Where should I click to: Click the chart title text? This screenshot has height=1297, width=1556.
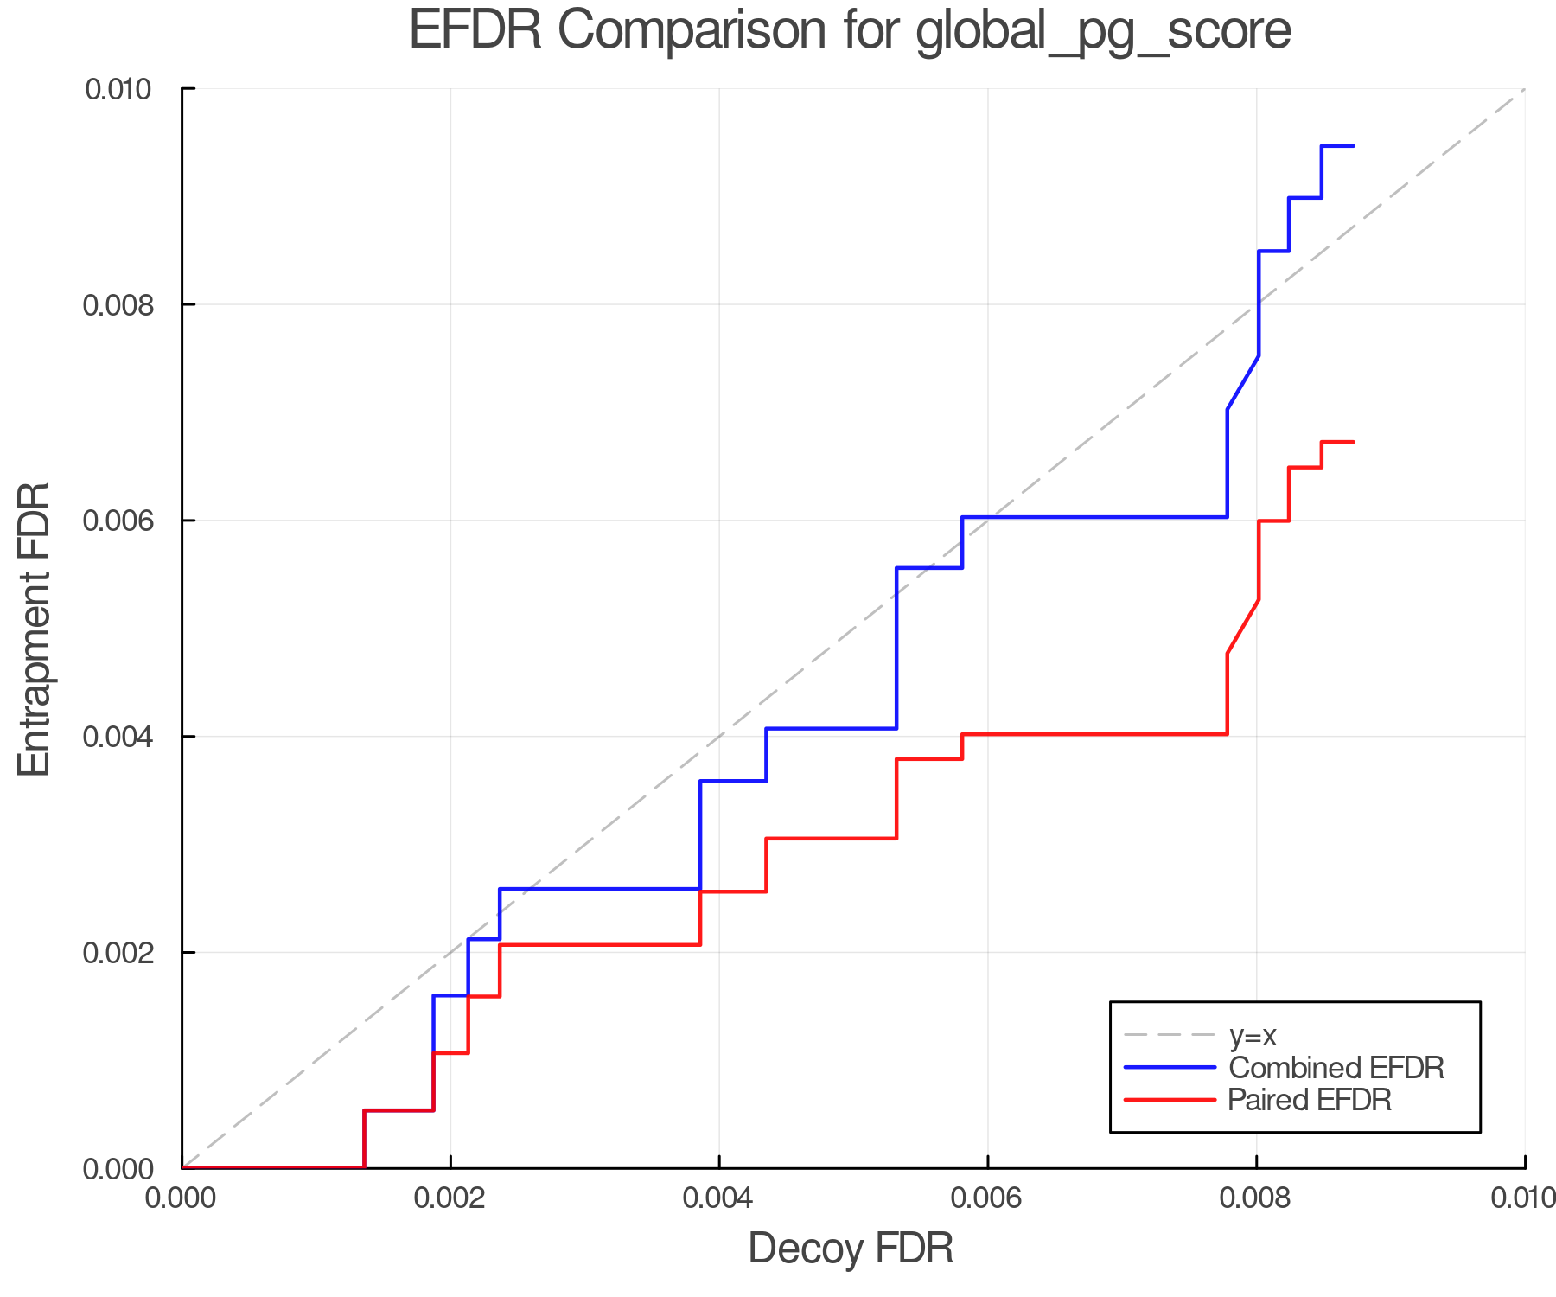point(850,31)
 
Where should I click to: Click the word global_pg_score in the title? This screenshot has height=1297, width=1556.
point(1103,31)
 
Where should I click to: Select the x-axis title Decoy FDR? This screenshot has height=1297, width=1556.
point(851,1248)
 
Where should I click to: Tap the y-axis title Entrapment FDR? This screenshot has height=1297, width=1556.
point(35,629)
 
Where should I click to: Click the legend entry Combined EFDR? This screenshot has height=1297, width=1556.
point(1336,1068)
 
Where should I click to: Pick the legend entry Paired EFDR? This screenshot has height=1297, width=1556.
point(1309,1100)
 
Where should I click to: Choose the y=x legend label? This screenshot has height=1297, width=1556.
point(1253,1035)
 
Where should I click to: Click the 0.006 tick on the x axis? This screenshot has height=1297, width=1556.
point(987,1198)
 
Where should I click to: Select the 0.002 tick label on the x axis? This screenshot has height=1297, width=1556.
point(450,1198)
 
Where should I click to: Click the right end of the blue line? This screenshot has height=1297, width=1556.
point(1353,146)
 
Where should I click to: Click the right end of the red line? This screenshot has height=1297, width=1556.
point(1353,442)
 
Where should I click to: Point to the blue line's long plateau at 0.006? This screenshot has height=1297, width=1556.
point(1094,517)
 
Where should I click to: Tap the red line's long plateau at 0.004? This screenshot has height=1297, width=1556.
point(1094,734)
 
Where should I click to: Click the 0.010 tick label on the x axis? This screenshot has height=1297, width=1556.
point(1523,1198)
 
